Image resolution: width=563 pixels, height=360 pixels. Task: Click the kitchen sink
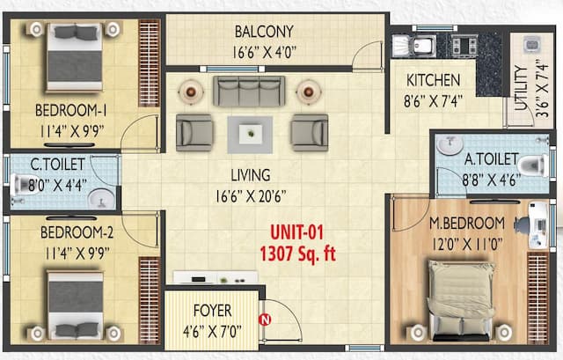(x=418, y=44)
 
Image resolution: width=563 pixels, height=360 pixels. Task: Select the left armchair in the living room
(x=194, y=132)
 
